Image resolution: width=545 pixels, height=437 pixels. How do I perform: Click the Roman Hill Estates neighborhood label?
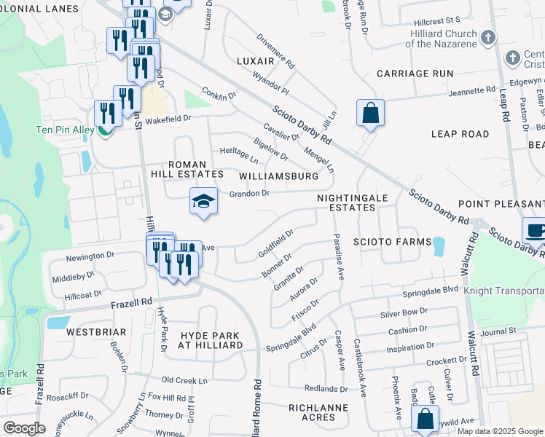(x=187, y=170)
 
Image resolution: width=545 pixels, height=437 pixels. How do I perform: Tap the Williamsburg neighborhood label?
(x=279, y=176)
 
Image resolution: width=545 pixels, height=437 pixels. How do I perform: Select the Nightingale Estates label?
(x=346, y=202)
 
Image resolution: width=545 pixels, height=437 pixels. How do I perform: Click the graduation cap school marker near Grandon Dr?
(x=204, y=202)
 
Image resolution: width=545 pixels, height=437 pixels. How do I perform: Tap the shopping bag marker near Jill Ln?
(x=370, y=114)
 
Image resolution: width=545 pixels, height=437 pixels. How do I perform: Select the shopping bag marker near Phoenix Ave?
(x=425, y=420)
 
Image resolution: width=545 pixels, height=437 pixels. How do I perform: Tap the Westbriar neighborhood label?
(x=96, y=331)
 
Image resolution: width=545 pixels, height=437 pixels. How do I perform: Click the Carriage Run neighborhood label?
(x=415, y=74)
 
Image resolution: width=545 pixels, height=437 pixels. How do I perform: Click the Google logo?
(x=24, y=428)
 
